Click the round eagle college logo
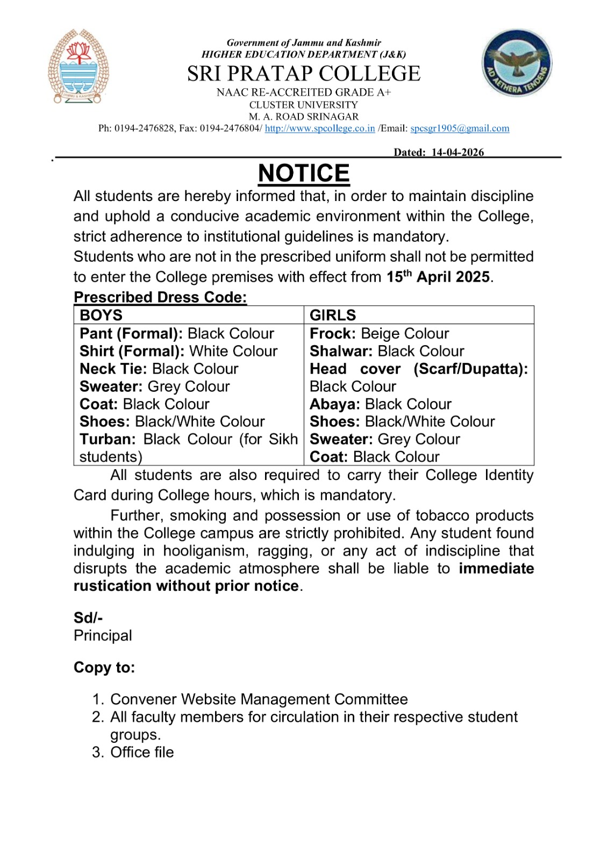click(x=517, y=63)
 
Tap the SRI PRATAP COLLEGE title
click(x=304, y=74)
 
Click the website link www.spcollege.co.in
click(x=320, y=128)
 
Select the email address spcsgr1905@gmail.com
click(x=460, y=128)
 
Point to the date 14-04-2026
click(x=457, y=152)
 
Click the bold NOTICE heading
click(x=304, y=173)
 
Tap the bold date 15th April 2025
click(x=438, y=277)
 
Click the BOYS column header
click(x=101, y=315)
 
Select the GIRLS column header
click(x=333, y=315)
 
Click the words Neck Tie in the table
click(x=113, y=369)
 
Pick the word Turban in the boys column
click(x=108, y=439)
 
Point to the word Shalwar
click(x=341, y=351)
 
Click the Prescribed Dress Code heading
click(x=160, y=297)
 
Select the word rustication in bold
click(x=112, y=586)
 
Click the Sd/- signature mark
click(x=88, y=618)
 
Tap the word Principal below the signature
click(x=103, y=635)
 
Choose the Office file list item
click(x=142, y=752)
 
